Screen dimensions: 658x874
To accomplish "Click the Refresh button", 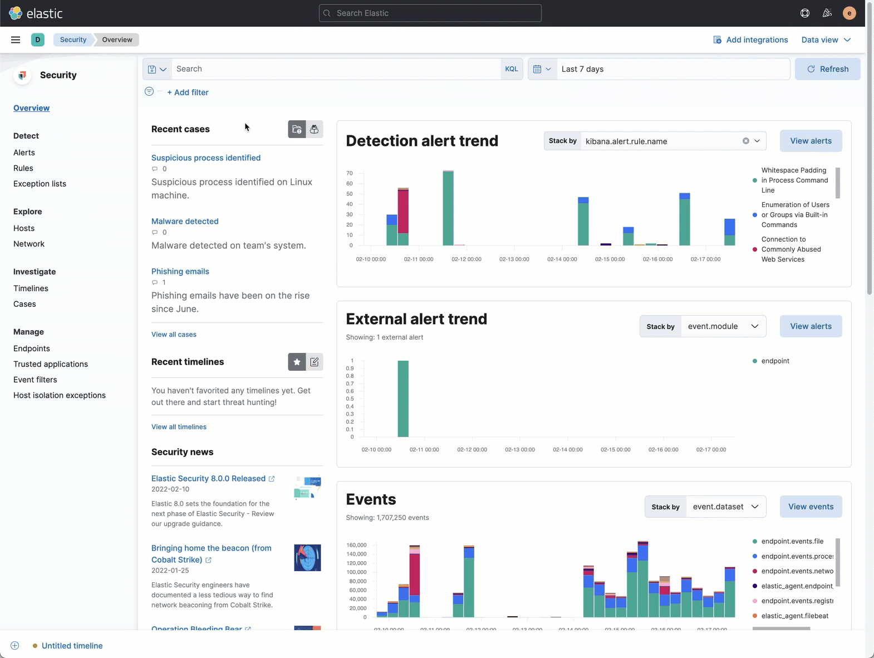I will (827, 69).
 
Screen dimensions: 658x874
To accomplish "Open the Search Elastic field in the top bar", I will (430, 13).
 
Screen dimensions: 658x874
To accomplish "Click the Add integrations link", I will (750, 40).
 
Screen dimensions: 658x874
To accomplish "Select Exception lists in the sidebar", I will (40, 184).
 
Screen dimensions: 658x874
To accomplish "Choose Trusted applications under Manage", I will (51, 364).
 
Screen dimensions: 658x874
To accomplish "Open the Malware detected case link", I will (185, 221).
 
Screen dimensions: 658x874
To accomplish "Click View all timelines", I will (179, 427).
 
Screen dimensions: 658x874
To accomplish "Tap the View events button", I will (811, 507).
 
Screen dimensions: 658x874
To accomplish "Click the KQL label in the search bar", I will (511, 69).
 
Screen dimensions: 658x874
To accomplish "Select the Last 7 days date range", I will (582, 69).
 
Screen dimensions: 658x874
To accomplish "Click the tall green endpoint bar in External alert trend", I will (403, 399).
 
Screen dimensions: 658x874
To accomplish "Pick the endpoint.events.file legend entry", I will (792, 541).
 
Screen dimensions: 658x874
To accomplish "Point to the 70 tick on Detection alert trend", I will (350, 173).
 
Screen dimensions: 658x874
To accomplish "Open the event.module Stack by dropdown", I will (723, 326).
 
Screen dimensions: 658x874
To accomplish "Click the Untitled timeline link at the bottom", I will (72, 646).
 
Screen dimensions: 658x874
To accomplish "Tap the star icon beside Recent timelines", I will (297, 362).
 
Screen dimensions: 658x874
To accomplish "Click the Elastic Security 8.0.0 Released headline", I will (208, 479).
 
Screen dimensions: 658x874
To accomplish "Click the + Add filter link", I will (188, 92).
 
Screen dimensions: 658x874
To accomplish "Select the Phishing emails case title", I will (180, 271).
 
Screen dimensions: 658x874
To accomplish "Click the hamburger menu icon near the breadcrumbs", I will (16, 40).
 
